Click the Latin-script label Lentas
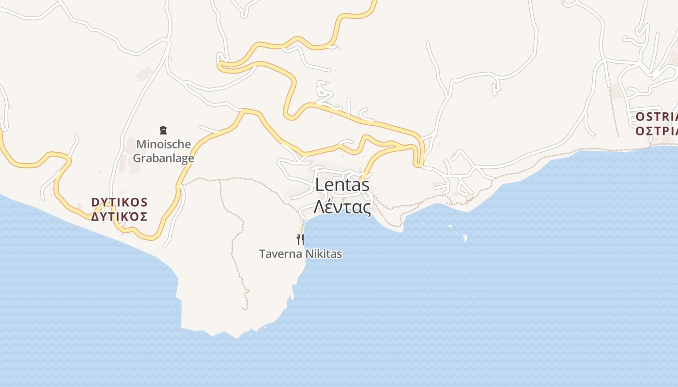tap(342, 185)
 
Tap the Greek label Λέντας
tap(342, 207)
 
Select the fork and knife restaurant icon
tap(300, 239)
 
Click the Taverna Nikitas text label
tap(300, 254)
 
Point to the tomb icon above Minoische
tap(163, 130)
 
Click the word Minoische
tap(163, 144)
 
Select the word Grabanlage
tap(163, 158)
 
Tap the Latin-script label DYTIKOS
tap(119, 202)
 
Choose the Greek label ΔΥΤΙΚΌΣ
tap(119, 217)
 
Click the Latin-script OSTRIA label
tap(656, 117)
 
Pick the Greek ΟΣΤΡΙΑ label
tap(656, 131)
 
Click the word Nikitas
tap(322, 254)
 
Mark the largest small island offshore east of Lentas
tap(465, 238)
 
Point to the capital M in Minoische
tap(141, 144)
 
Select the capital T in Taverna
tap(262, 254)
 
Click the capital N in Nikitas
tap(305, 254)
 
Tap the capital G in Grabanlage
tap(137, 158)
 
